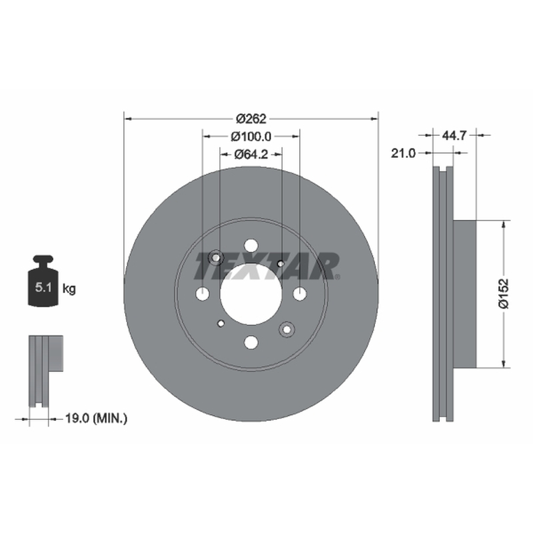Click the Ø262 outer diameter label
click(251, 119)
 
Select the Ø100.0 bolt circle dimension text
click(251, 137)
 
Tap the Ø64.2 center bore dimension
click(251, 155)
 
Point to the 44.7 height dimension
click(454, 136)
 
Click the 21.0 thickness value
click(403, 153)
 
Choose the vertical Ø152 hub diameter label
click(504, 294)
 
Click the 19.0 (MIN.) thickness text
click(96, 418)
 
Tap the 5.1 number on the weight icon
click(43, 288)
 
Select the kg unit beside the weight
click(69, 289)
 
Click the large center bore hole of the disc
click(251, 294)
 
